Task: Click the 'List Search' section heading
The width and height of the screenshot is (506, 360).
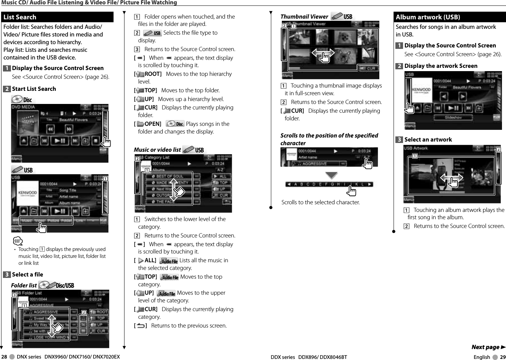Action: point(20,17)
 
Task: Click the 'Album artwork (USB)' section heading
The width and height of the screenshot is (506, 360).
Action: point(428,17)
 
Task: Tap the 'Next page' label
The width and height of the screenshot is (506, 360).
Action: point(486,347)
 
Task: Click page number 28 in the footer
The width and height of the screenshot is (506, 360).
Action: point(4,357)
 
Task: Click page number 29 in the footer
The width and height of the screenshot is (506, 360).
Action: point(503,357)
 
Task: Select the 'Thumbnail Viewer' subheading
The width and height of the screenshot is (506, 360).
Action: point(304,16)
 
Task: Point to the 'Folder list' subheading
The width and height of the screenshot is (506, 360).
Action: point(24,285)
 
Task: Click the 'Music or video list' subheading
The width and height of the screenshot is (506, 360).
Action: point(157,150)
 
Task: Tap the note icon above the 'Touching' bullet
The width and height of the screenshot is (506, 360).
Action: point(18,241)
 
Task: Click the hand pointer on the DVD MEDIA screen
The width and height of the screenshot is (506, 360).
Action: point(106,142)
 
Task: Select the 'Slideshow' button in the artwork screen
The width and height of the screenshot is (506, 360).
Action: point(453,117)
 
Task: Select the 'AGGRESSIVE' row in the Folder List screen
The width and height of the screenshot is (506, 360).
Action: point(46,312)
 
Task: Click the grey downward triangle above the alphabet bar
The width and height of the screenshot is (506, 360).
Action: point(331,175)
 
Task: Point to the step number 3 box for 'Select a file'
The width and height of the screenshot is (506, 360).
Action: point(7,275)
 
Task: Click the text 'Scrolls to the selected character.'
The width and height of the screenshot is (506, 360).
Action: point(320,202)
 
